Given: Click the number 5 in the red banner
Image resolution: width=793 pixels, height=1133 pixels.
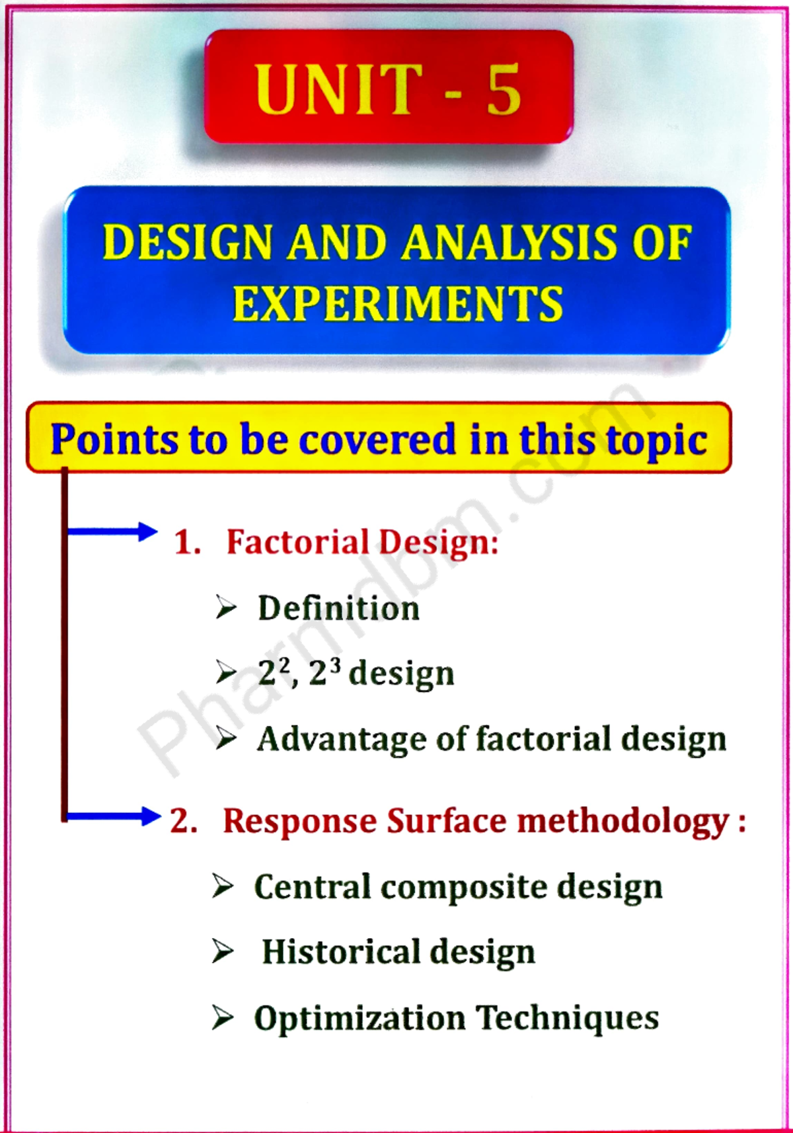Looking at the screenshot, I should [504, 89].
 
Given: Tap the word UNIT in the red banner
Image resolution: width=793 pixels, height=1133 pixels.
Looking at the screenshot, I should [338, 89].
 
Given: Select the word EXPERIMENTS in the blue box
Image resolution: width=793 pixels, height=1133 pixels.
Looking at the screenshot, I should [397, 304].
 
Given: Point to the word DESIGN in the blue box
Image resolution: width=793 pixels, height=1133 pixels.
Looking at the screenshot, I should [188, 242].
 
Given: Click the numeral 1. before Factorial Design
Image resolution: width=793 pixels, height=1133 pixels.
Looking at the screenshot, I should [187, 542].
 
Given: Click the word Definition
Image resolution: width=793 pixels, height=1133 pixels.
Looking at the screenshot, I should [338, 608].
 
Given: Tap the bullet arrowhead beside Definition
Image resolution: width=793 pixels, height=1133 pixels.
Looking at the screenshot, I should [225, 607].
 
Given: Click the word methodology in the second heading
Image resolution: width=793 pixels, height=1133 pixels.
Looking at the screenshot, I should [623, 822].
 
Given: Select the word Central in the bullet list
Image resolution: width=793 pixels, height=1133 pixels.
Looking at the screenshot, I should [312, 886].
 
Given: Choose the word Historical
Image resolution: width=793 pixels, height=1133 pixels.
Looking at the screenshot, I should [340, 952].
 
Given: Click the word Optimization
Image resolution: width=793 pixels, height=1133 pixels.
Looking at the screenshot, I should [359, 1018].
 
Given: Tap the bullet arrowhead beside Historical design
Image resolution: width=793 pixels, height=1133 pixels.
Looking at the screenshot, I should [223, 951].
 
